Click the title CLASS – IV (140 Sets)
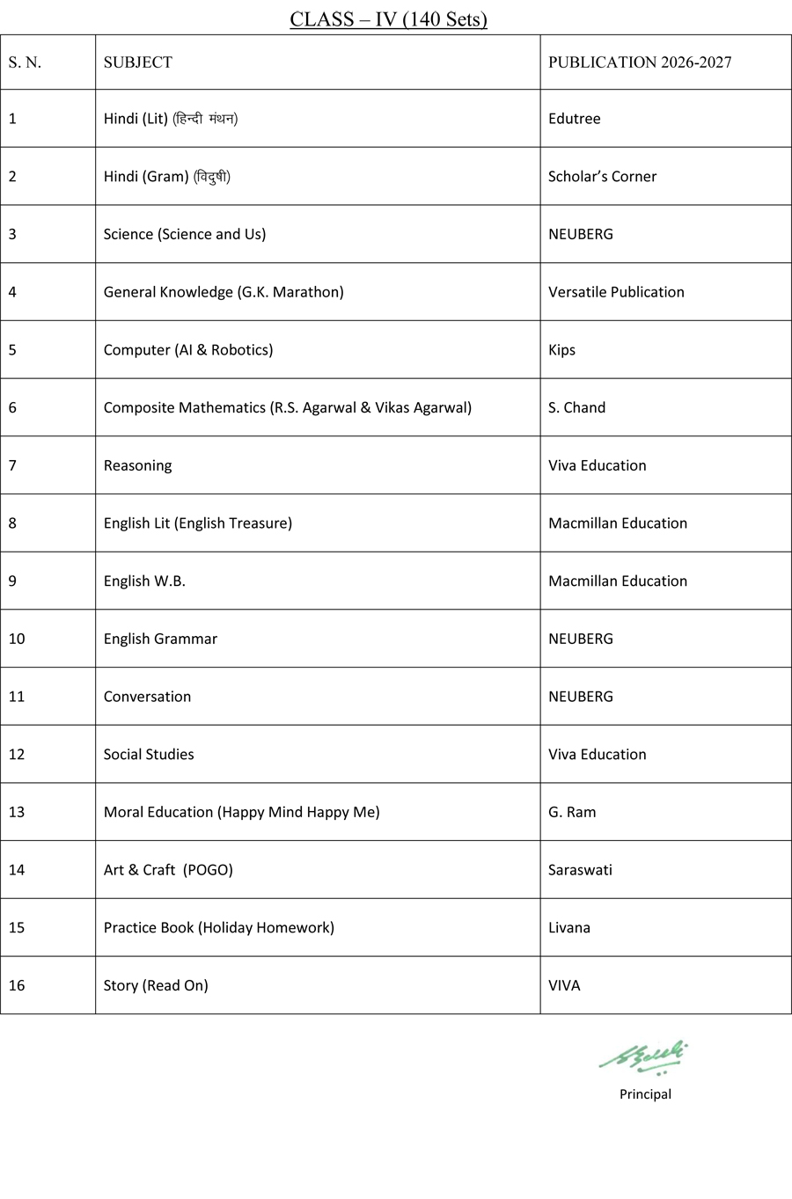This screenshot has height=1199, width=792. [x=388, y=18]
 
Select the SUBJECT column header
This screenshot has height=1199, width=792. [x=138, y=62]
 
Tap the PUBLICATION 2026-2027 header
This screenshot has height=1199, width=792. [x=640, y=62]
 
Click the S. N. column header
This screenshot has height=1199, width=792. [x=25, y=62]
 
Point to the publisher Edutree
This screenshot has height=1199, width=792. [x=575, y=119]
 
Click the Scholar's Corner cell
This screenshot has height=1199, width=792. [x=602, y=177]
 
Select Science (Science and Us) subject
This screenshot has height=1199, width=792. [x=185, y=234]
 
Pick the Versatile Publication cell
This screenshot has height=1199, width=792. [x=616, y=292]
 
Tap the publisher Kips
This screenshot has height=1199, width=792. [x=561, y=350]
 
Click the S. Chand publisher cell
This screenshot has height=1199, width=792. [x=576, y=407]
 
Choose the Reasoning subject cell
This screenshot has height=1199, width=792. [x=138, y=465]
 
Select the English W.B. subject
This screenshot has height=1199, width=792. [x=144, y=581]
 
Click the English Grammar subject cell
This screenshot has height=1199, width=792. [x=160, y=639]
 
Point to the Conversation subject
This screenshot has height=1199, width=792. [x=147, y=697]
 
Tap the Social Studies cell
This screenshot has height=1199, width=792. [x=149, y=754]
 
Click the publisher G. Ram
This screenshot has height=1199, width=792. [x=572, y=812]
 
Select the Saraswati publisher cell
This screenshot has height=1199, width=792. [x=580, y=870]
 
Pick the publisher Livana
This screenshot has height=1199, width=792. [x=569, y=927]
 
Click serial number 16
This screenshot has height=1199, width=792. [x=17, y=985]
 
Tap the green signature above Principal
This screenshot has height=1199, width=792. [x=644, y=1056]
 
